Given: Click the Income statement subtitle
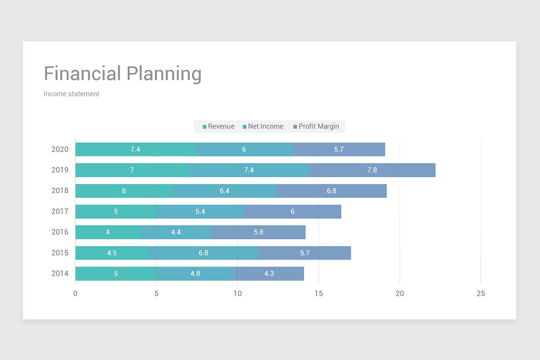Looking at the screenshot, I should (x=72, y=94).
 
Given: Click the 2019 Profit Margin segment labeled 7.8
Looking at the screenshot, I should (x=372, y=170).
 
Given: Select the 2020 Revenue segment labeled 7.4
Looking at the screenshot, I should (x=135, y=149).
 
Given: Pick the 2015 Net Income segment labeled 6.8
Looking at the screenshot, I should (x=203, y=253).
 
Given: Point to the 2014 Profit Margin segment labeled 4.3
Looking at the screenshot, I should (x=269, y=274).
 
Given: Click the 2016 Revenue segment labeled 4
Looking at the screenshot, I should (x=108, y=232).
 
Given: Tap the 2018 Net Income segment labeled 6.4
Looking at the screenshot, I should (x=225, y=191).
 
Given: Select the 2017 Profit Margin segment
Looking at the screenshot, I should (x=292, y=211).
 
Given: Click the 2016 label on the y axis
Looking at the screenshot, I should (x=60, y=232).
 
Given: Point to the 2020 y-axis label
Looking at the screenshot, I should (x=60, y=149).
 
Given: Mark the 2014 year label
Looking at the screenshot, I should (x=60, y=274).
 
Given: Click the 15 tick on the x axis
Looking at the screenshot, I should (x=319, y=294).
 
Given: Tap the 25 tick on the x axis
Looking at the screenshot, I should (x=481, y=294).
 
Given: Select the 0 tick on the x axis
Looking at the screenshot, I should (x=75, y=294).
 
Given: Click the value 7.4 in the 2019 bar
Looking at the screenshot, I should (x=249, y=170).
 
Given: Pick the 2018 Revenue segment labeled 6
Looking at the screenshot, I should (x=124, y=191).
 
